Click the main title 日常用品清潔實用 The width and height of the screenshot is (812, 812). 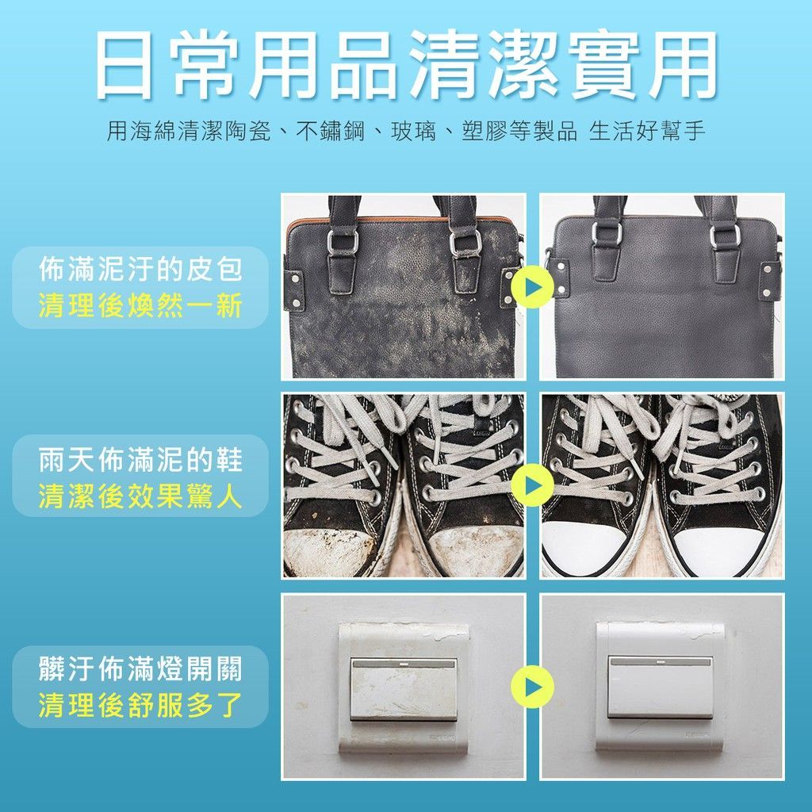[407, 64]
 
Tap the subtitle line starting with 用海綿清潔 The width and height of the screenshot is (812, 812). [406, 131]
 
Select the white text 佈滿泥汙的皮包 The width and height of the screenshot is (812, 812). [141, 270]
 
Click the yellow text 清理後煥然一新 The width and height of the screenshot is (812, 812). [141, 305]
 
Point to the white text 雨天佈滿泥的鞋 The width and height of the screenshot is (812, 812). [141, 460]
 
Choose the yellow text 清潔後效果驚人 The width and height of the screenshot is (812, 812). [141, 496]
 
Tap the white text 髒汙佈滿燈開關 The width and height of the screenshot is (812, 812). [141, 668]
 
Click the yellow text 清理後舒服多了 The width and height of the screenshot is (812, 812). [141, 705]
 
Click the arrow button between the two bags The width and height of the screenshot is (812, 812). [533, 287]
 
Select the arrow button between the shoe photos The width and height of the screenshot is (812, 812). [533, 485]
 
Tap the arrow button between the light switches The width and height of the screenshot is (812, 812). [533, 688]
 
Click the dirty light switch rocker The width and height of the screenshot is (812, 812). [404, 689]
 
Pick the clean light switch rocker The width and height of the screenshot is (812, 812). [661, 688]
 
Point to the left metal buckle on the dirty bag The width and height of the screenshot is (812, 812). [343, 241]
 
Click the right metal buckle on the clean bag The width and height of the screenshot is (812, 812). [725, 236]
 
